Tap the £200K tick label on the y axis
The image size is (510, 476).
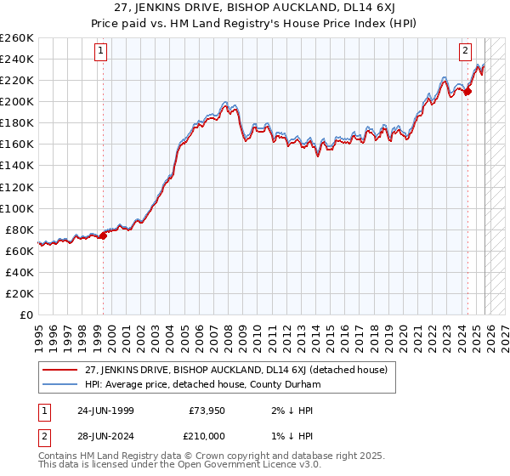[x=17, y=101]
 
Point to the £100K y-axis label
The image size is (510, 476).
[x=17, y=207]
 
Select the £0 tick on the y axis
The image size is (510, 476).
[x=26, y=314]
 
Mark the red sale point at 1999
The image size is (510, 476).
[x=104, y=235]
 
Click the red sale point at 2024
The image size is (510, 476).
[x=467, y=91]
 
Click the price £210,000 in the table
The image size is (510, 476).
[x=204, y=435]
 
